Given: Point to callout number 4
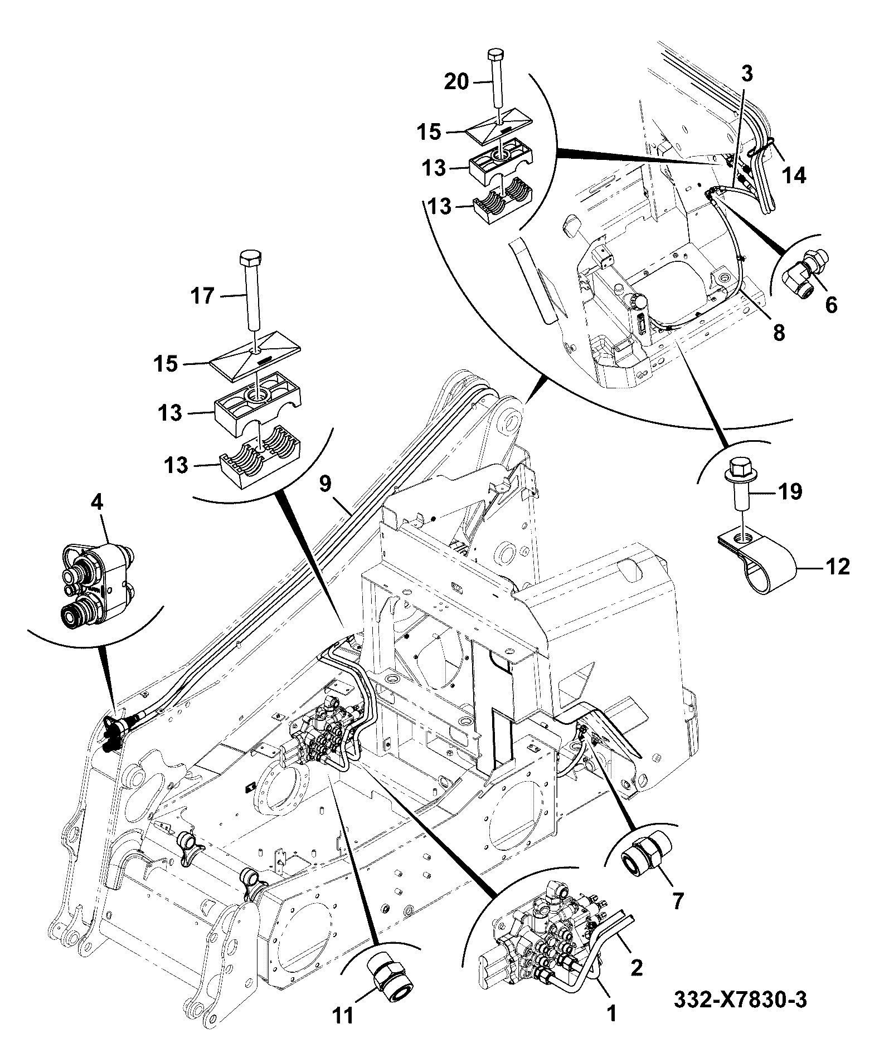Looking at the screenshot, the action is coord(97,503).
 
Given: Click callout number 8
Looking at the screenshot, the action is coord(779,333).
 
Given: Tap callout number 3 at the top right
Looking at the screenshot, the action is coord(747,73).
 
